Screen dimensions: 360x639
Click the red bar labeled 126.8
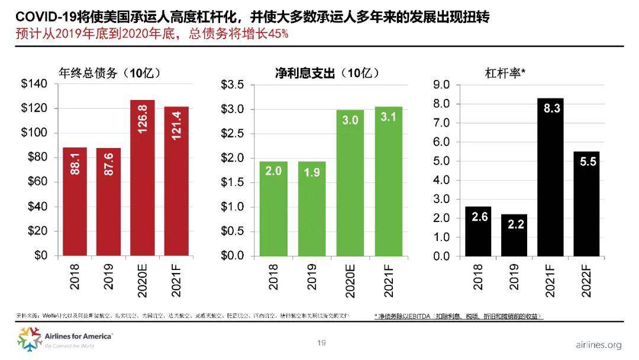pyautogui.click(x=142, y=178)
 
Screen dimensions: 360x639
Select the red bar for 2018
pyautogui.click(x=75, y=201)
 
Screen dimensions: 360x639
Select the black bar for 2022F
pyautogui.click(x=586, y=204)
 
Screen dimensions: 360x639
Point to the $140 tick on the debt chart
pyautogui.click(x=34, y=85)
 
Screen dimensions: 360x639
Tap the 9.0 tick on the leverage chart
pyautogui.click(x=443, y=85)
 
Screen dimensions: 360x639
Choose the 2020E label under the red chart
pyautogui.click(x=143, y=275)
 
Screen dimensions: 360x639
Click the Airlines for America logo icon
pyautogui.click(x=28, y=338)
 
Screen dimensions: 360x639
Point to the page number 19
pyautogui.click(x=322, y=343)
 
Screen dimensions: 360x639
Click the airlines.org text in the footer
pyautogui.click(x=598, y=345)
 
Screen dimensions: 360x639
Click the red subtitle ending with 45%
pyautogui.click(x=151, y=34)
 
